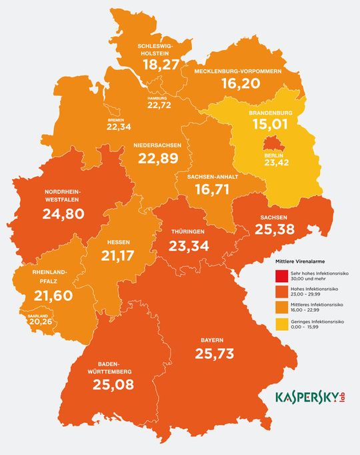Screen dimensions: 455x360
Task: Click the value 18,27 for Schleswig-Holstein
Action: pos(160,63)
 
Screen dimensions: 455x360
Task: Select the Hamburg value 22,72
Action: pos(159,105)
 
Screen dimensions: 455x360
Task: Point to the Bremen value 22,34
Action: pos(121,127)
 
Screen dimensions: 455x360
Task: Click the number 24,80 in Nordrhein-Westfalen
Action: pos(64,215)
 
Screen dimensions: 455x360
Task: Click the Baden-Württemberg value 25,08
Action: pos(112,384)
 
